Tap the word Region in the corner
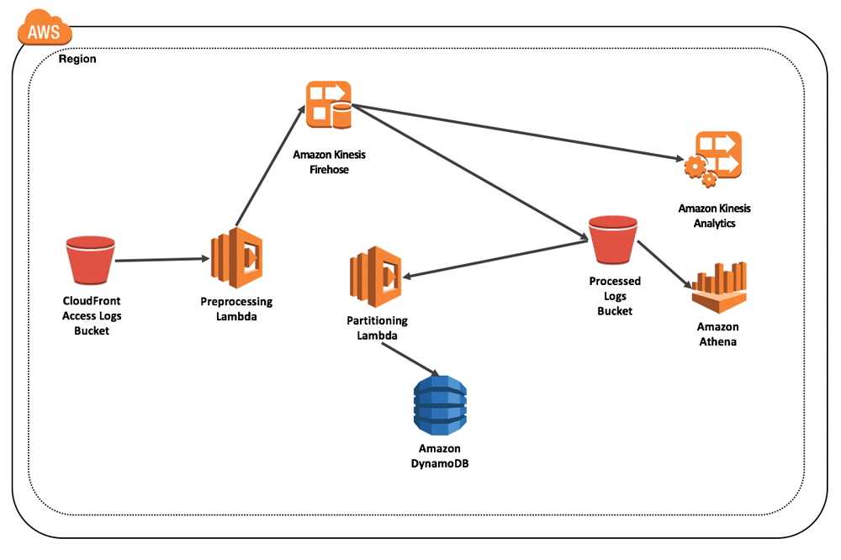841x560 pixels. click(77, 60)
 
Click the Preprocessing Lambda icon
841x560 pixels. click(236, 257)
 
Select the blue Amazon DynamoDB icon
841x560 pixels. click(439, 405)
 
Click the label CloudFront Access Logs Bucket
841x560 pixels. click(92, 315)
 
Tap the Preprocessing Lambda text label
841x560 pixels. click(236, 308)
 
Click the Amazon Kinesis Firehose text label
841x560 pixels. click(329, 162)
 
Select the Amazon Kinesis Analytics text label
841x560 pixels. click(714, 215)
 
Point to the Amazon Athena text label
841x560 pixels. click(717, 334)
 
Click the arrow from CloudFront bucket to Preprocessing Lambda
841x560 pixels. click(161, 260)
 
